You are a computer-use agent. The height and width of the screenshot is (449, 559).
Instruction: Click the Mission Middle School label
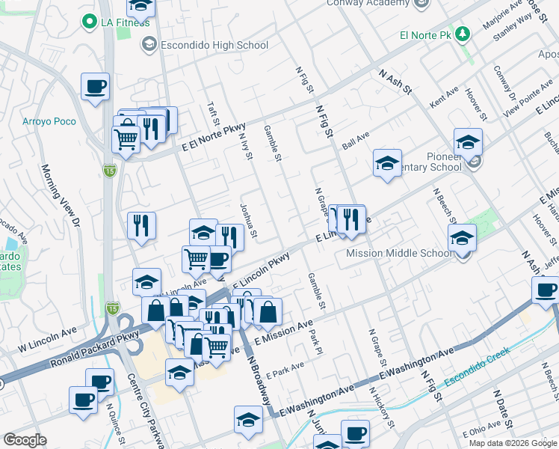[x=399, y=253]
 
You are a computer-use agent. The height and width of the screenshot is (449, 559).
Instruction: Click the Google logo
[x=25, y=440]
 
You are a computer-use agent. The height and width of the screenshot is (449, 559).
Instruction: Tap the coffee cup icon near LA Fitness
[x=95, y=87]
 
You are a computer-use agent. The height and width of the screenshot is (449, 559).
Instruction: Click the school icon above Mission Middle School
[x=462, y=238]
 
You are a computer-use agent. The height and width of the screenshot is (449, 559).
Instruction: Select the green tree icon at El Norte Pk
[x=463, y=34]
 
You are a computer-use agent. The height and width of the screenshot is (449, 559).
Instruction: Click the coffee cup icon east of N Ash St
[x=545, y=290]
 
